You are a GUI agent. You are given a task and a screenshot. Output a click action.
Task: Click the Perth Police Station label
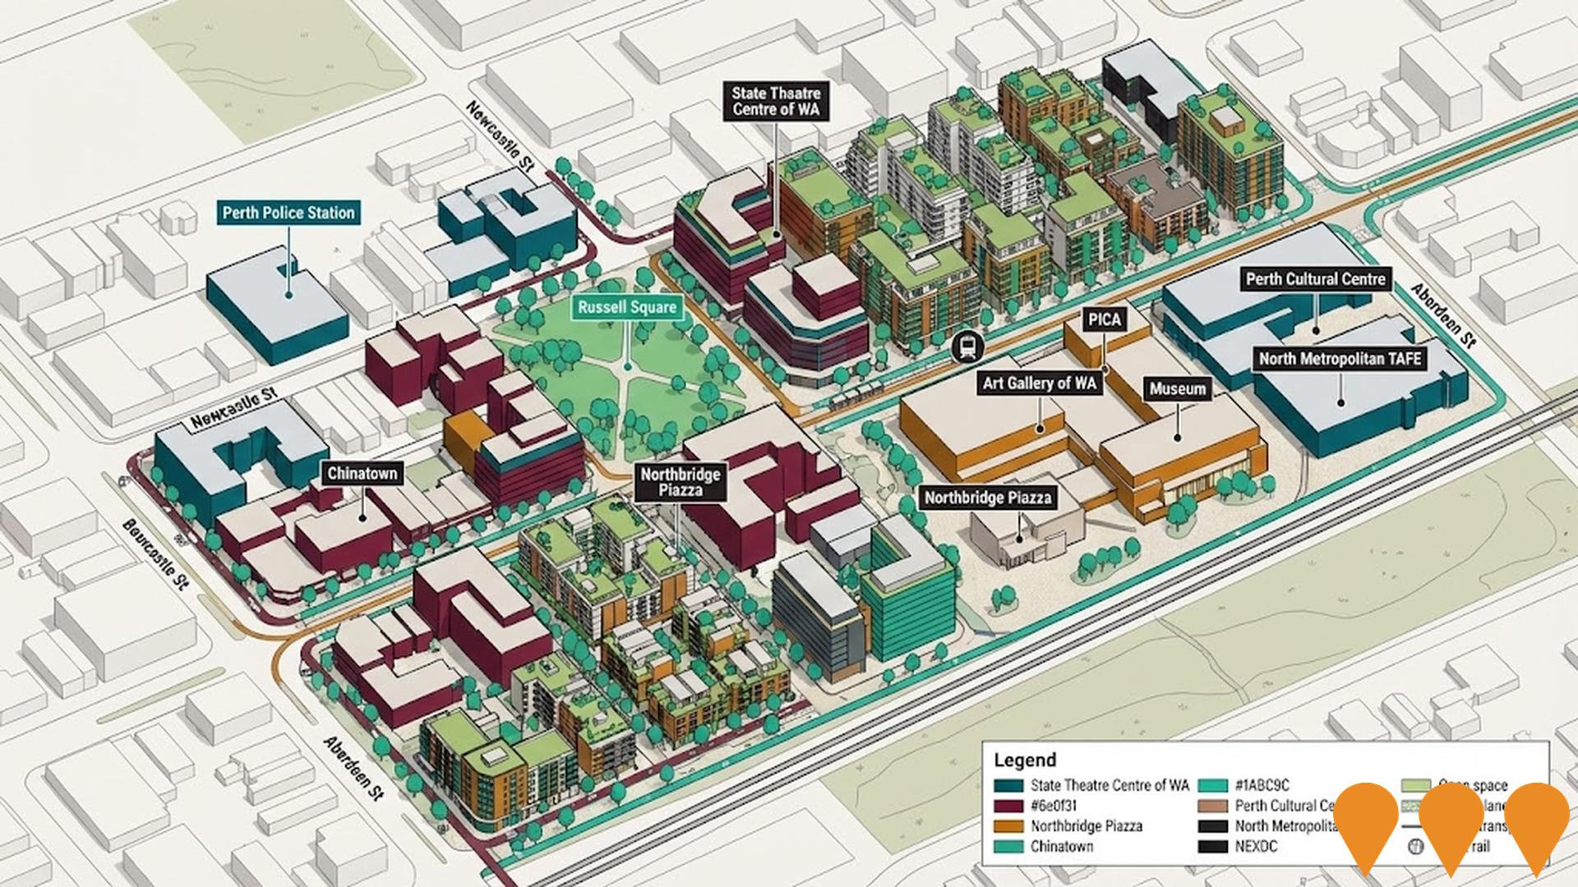288,213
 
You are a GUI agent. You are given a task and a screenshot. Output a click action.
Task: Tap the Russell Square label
626,308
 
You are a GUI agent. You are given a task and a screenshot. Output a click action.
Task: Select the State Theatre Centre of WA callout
776,102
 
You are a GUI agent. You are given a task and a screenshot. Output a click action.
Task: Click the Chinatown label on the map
362,473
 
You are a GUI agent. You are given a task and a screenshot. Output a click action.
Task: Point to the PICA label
1104,320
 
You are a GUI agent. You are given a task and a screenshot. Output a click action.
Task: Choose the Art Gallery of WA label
1039,383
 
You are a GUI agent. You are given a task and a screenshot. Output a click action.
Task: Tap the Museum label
1177,389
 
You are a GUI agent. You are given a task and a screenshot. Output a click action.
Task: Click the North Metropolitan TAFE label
1340,359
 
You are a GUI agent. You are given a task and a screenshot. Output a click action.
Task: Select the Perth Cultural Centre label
1315,279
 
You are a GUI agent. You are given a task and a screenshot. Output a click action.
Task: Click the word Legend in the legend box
1024,760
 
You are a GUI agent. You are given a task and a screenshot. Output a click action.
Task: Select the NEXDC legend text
1256,846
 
